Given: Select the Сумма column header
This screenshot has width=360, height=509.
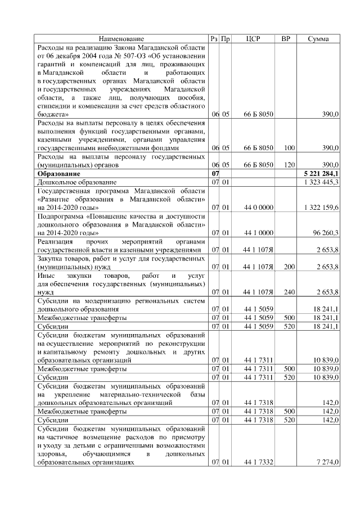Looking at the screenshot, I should pos(318,39).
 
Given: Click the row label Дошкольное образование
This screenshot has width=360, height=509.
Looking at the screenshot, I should pos(77,183).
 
